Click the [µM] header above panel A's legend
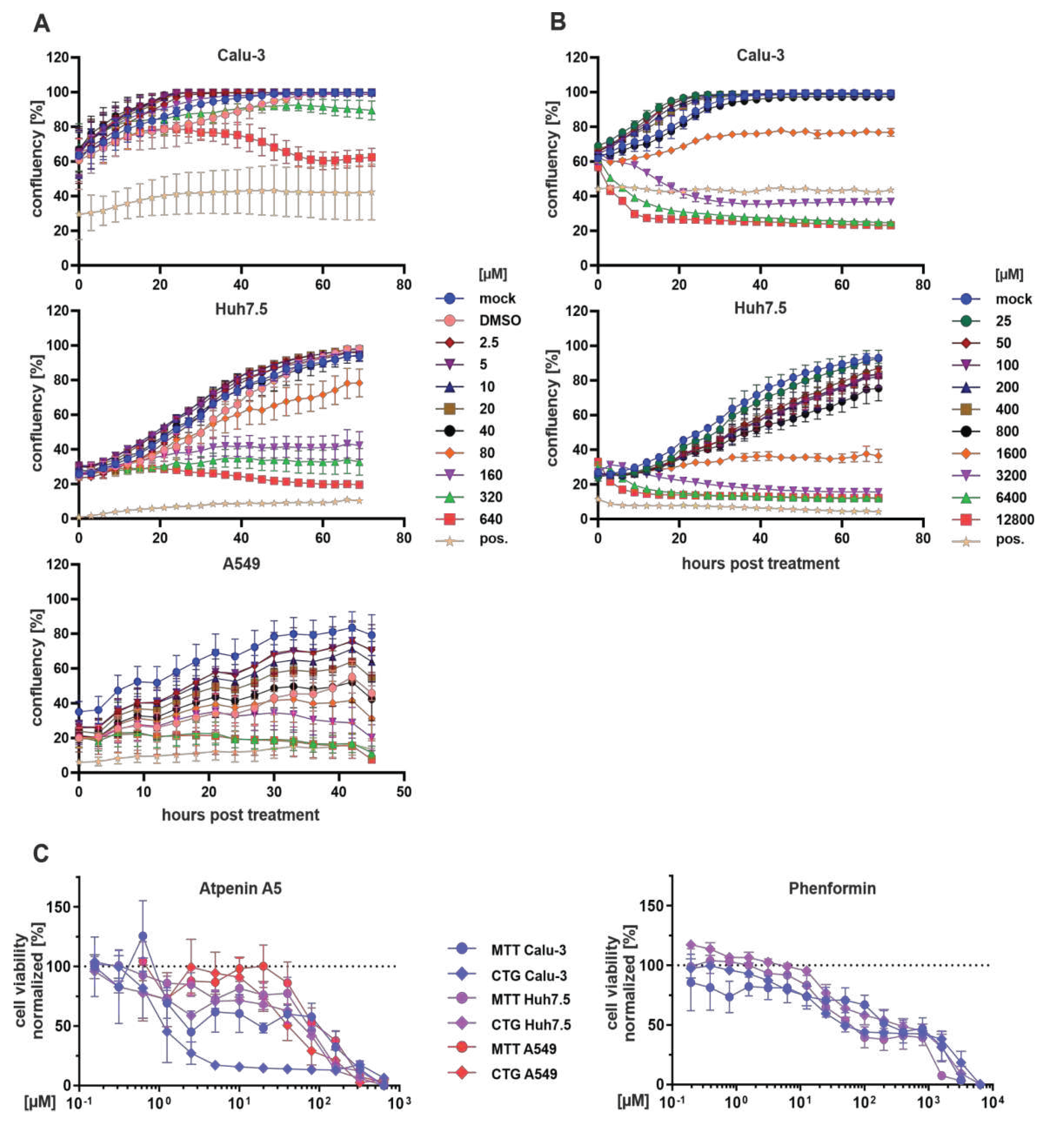(493, 275)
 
